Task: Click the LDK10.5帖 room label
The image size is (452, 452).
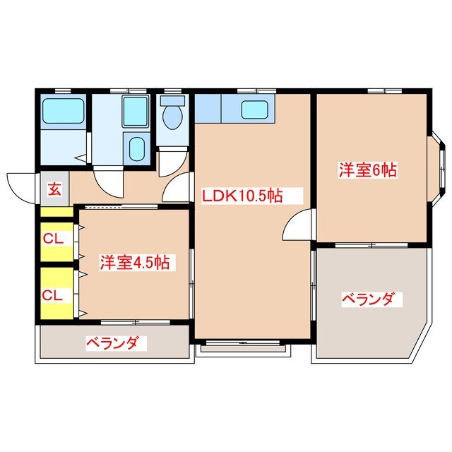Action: (243, 196)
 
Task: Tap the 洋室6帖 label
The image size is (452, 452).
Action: (367, 169)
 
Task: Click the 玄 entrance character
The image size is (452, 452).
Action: (54, 189)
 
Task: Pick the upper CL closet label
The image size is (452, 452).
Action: (54, 239)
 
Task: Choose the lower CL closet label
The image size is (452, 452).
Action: (54, 295)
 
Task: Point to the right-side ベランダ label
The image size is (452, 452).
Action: (368, 299)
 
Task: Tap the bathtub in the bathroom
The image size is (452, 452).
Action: (63, 111)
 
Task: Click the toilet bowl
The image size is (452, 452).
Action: (172, 114)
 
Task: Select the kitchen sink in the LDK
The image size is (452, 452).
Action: (254, 109)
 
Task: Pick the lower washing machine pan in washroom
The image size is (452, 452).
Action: (136, 149)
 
